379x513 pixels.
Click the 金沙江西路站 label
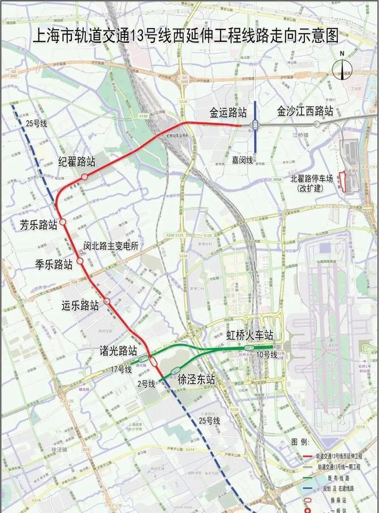[305, 111]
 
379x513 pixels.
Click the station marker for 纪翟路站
[84, 177]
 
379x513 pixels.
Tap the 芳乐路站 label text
[39, 225]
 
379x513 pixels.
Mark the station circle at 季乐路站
[80, 261]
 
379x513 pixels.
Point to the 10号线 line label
[267, 356]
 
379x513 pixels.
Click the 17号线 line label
[122, 370]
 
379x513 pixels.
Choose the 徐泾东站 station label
[196, 379]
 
